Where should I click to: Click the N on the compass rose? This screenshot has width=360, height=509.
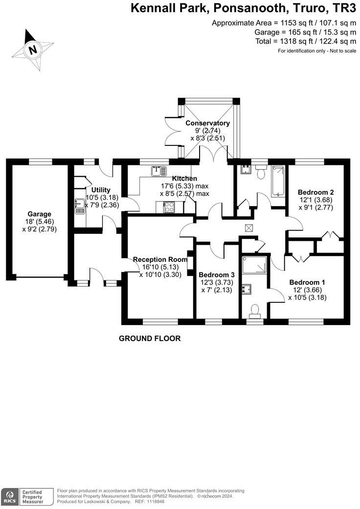coord(33,49)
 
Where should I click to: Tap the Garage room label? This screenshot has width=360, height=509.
coord(39,214)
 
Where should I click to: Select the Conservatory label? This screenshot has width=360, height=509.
coord(207,123)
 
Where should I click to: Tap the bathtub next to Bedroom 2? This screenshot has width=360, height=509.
coord(278,181)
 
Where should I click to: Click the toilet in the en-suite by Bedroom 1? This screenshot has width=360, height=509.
coord(254,310)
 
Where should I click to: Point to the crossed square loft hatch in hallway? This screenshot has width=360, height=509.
coord(249,227)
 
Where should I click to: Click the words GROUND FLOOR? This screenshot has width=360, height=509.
coord(150,338)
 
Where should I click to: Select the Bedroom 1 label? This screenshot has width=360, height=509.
coord(307,282)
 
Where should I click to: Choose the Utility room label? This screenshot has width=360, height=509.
coord(101,190)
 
